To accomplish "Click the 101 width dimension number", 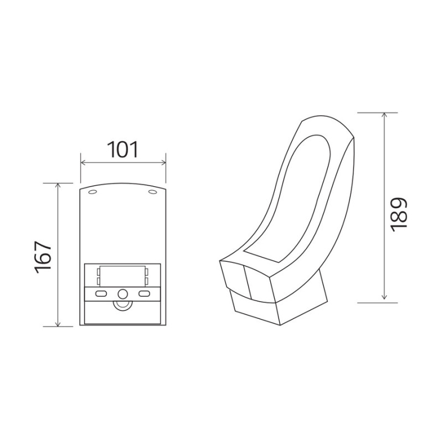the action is point(123,150).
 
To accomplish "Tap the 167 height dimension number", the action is point(43,257).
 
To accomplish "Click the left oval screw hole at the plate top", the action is point(92,192).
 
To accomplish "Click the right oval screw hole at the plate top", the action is point(153,192).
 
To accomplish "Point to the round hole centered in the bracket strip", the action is point(122,294).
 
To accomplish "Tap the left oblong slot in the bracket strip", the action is point(101,294).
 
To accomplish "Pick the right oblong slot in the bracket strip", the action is point(144,294).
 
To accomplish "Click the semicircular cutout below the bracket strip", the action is point(122,305).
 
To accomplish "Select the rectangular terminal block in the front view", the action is point(122,276).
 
